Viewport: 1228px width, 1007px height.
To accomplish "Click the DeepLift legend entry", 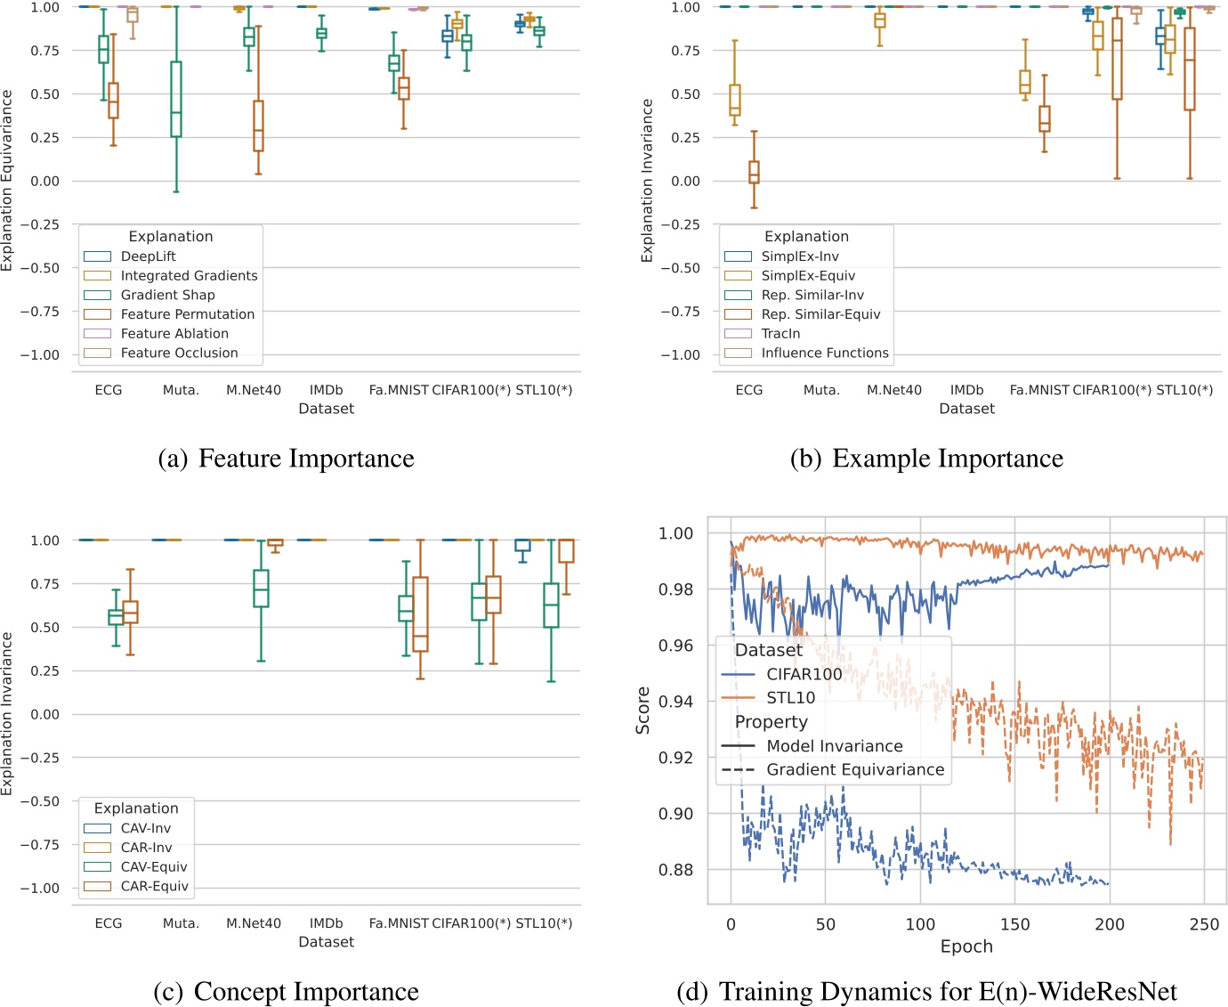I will click(148, 256).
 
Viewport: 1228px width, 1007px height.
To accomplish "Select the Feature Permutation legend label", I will click(187, 314).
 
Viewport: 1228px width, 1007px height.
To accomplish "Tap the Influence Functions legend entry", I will click(824, 353).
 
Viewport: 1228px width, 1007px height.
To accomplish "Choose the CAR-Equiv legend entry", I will click(154, 886).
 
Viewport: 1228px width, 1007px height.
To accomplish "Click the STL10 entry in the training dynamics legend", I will click(790, 698).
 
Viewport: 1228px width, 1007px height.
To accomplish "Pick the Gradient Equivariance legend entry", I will click(854, 769).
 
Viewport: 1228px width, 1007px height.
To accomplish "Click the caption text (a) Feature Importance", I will click(287, 459).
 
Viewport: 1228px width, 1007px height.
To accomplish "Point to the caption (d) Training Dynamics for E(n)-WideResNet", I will click(926, 992).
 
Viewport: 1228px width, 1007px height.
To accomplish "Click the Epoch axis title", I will click(966, 946).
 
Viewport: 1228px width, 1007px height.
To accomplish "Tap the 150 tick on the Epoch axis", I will click(1014, 924).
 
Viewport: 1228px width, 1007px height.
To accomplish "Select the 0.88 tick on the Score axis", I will click(675, 870).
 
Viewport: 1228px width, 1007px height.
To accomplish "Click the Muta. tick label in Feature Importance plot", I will click(181, 390).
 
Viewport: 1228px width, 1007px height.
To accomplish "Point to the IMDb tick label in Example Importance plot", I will click(966, 390).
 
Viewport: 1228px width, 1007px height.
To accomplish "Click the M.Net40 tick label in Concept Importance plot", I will click(253, 923).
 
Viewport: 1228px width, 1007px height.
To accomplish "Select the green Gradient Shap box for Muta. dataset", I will click(176, 99).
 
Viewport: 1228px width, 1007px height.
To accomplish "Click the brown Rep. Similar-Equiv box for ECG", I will click(754, 172).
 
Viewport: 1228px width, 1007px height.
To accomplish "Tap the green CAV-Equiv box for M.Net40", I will click(261, 589).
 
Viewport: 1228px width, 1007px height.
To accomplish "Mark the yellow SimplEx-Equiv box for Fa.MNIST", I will click(1025, 81).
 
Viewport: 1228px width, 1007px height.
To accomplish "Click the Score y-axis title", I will click(642, 711).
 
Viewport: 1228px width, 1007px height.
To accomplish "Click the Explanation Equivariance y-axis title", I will click(8, 180).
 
